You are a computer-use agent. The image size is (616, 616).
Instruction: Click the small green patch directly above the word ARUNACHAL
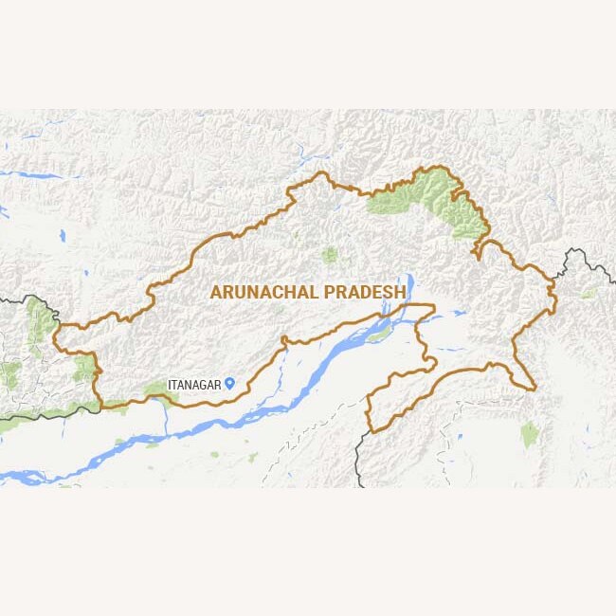click(329, 254)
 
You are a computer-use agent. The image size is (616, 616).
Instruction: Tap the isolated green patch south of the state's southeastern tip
click(529, 433)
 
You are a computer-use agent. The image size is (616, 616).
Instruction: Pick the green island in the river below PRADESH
click(379, 335)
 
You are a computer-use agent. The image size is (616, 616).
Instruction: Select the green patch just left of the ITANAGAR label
click(156, 389)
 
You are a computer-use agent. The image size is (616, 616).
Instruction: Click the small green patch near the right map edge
click(589, 293)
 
